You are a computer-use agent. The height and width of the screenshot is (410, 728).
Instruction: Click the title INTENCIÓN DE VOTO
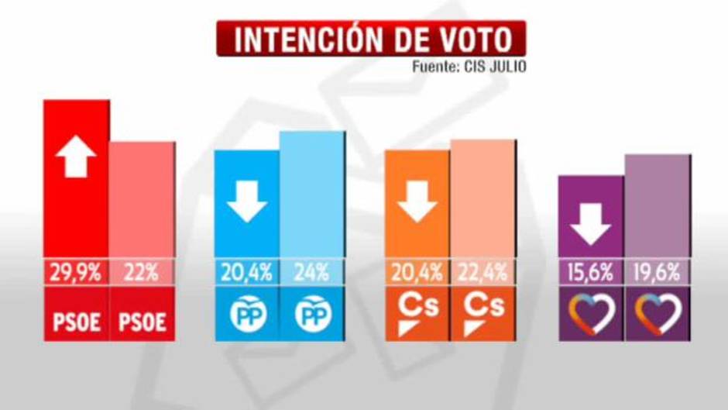[x=372, y=40]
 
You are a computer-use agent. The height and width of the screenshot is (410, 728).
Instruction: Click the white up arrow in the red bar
[x=76, y=157]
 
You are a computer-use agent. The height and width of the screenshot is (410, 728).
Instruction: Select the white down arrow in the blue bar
[x=247, y=203]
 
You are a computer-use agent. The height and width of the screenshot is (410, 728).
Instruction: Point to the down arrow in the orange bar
[x=417, y=203]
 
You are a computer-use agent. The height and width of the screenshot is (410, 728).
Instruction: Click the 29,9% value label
[x=76, y=273]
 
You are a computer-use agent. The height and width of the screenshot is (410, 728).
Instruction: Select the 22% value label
[x=142, y=273]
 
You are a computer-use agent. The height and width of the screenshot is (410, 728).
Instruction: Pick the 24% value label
[x=311, y=273]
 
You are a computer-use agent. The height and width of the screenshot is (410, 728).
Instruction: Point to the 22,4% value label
[x=482, y=273]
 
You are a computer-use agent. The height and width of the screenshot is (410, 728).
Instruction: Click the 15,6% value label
[x=591, y=273]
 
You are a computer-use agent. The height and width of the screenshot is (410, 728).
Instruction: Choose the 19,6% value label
[x=657, y=273]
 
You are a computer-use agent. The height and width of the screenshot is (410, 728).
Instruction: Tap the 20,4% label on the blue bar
[x=247, y=273]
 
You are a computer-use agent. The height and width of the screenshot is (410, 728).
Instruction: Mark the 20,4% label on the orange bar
[x=417, y=273]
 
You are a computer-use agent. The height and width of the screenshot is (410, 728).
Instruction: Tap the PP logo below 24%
[x=311, y=314]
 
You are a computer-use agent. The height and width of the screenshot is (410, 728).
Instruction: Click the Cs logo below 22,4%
[x=482, y=312]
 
